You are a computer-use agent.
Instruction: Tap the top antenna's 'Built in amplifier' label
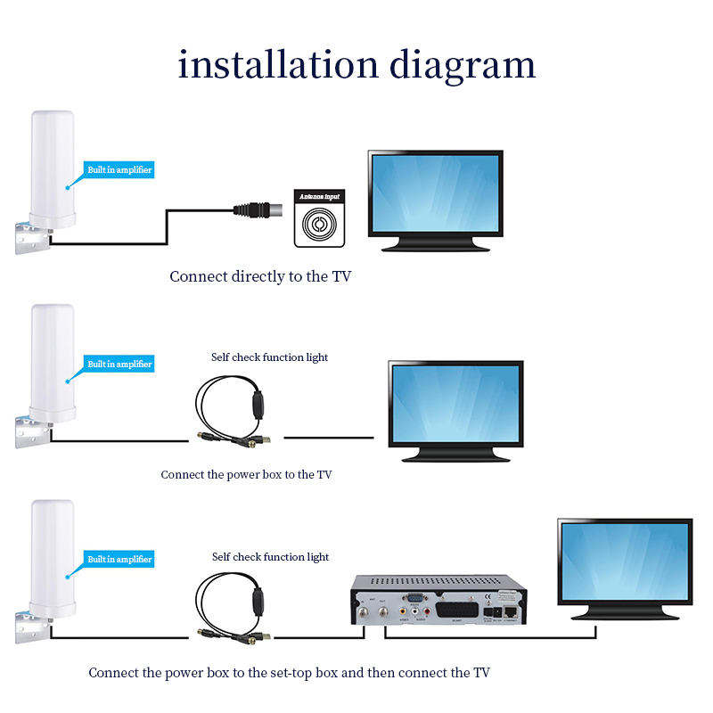tap(119, 169)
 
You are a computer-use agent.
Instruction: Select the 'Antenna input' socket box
tap(318, 217)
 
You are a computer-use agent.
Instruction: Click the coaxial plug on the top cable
tap(258, 210)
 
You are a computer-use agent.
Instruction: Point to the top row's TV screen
tap(436, 193)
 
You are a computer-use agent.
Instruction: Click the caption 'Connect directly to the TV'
tap(260, 276)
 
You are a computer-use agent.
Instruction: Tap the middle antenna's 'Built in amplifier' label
tap(119, 364)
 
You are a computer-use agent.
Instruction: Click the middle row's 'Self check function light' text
tap(269, 357)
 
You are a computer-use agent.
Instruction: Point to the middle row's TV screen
tap(455, 403)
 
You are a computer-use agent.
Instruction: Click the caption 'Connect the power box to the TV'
tap(246, 474)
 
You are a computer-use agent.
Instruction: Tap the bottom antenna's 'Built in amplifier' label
tap(119, 559)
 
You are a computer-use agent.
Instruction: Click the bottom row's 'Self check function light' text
tap(270, 557)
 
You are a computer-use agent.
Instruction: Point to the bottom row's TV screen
tap(625, 561)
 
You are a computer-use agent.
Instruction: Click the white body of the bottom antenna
tap(52, 553)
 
